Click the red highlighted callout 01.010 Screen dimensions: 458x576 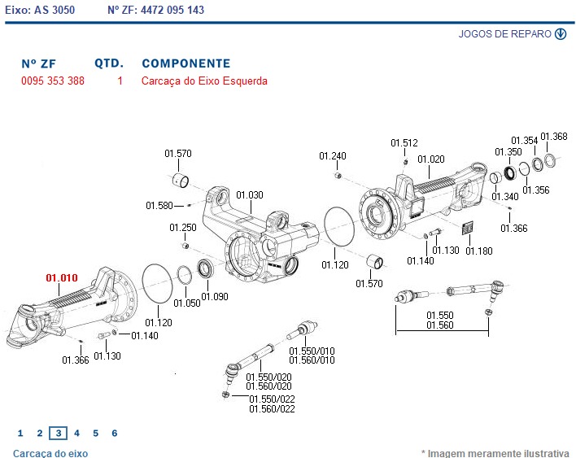(x=62, y=278)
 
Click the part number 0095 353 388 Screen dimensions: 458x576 (x=52, y=81)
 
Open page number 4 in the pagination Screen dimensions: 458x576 (x=76, y=433)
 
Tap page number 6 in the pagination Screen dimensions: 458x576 (x=114, y=433)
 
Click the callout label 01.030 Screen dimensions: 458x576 (x=250, y=195)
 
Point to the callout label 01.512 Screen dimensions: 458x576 (x=404, y=143)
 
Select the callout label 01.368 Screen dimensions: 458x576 (x=554, y=137)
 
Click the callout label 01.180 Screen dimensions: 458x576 (x=479, y=251)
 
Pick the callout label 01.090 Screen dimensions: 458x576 (x=216, y=297)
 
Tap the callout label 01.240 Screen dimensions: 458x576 (x=332, y=156)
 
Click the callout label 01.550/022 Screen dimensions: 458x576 (x=272, y=399)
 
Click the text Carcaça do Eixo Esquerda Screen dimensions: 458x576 (x=204, y=81)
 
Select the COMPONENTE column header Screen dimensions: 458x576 (x=185, y=63)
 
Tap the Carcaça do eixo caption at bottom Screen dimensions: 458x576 (x=50, y=453)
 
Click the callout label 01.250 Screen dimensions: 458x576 (x=183, y=228)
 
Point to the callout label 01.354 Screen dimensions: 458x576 (x=524, y=141)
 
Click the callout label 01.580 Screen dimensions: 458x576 (x=159, y=206)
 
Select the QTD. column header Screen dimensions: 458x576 (x=109, y=63)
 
